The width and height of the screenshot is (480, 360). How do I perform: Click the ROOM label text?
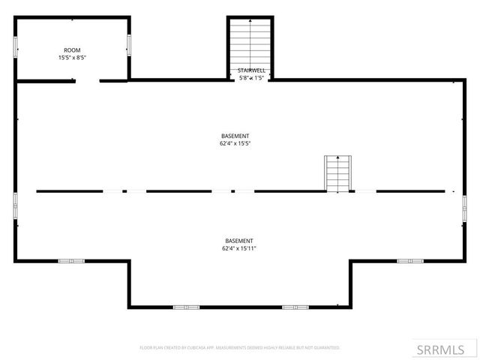coord(72,50)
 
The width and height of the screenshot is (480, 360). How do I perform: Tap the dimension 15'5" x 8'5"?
coord(72,58)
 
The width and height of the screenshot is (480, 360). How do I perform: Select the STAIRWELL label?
coord(252,70)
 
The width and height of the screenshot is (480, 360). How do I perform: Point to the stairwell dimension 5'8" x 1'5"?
coord(252,76)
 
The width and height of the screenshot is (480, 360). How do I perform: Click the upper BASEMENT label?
coord(235,136)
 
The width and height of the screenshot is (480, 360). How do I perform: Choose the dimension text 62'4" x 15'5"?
coord(235,142)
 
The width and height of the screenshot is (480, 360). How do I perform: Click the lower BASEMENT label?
coord(239,241)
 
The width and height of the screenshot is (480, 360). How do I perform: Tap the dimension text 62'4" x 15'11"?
coord(239,247)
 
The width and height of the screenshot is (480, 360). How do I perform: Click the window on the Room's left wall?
coord(16,46)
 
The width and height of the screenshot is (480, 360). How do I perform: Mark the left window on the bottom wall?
coord(186,307)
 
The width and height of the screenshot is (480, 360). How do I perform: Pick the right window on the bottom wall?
coord(295,307)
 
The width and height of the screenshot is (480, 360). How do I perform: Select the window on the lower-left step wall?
coord(71,261)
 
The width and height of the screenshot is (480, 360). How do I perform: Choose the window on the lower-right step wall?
coord(410,261)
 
